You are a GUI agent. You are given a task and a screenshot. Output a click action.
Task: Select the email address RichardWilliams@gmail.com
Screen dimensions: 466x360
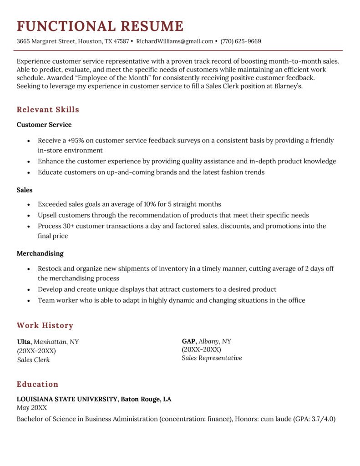[x=174, y=41]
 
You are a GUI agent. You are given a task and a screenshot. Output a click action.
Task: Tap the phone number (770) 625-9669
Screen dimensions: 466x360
[x=241, y=41]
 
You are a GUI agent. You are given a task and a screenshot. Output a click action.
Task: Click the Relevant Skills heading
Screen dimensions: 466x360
[x=48, y=110]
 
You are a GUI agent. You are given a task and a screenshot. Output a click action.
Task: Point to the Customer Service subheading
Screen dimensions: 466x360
[x=44, y=124]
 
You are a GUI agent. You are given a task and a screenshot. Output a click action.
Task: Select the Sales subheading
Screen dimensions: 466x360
[x=25, y=190]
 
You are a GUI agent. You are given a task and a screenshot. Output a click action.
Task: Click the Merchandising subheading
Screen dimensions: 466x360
[x=40, y=253]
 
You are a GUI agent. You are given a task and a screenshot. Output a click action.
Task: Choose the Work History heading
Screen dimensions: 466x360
[x=45, y=325]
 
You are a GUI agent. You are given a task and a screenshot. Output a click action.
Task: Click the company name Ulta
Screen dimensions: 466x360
[x=24, y=342]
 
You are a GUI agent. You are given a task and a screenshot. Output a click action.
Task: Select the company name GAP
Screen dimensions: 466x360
[x=189, y=341]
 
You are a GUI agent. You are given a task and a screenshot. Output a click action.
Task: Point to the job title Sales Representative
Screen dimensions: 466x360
[x=212, y=358]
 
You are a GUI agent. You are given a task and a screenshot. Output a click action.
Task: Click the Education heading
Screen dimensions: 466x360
[x=37, y=384]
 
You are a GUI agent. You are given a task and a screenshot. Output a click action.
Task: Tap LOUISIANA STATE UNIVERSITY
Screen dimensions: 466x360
[x=67, y=399]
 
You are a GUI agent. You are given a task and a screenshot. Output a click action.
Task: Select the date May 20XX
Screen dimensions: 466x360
[x=31, y=408]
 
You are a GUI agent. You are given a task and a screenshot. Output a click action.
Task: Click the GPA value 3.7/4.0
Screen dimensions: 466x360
[x=323, y=419]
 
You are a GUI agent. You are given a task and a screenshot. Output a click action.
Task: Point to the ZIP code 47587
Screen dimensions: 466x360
[x=122, y=41]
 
